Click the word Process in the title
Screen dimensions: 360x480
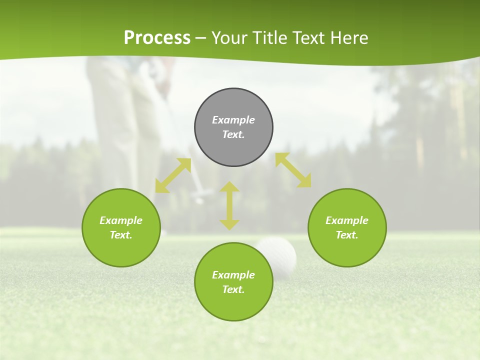tap(157, 38)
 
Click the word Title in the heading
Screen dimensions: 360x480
tap(270, 38)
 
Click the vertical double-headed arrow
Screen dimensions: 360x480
tap(229, 205)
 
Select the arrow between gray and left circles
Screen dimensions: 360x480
tap(173, 175)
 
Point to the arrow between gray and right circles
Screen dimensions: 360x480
tap(293, 170)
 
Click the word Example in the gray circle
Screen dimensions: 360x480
tap(233, 120)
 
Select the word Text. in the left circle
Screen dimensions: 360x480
tap(121, 235)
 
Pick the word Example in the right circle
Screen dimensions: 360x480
tap(347, 220)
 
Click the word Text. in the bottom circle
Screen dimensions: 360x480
tap(233, 289)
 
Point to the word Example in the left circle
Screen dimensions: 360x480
tap(121, 220)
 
